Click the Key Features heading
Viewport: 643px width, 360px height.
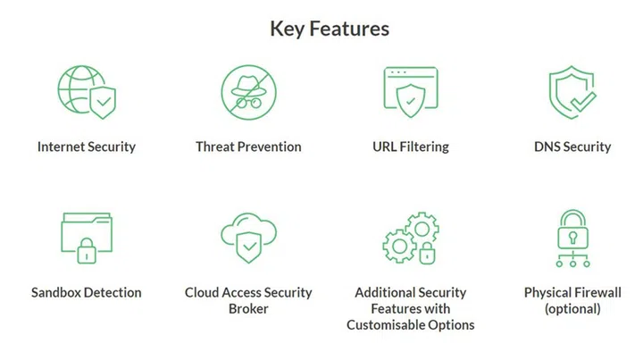[330, 28]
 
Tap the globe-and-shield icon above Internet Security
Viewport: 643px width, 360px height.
[87, 92]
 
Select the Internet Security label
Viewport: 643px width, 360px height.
[87, 147]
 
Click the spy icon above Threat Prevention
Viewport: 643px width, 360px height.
[249, 92]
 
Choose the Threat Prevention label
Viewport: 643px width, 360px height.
[249, 147]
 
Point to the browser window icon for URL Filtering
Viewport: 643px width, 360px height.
[410, 92]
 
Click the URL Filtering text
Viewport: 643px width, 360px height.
[411, 147]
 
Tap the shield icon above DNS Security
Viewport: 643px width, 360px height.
[572, 92]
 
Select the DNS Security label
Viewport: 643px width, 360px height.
[572, 147]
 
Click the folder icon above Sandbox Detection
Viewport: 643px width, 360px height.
[87, 238]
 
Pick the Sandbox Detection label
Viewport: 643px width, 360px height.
[87, 292]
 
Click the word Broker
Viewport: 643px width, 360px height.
[249, 309]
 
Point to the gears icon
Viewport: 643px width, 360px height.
[410, 237]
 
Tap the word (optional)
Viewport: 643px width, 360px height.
[572, 309]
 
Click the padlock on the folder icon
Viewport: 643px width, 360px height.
[87, 252]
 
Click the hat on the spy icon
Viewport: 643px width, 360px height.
[249, 82]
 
